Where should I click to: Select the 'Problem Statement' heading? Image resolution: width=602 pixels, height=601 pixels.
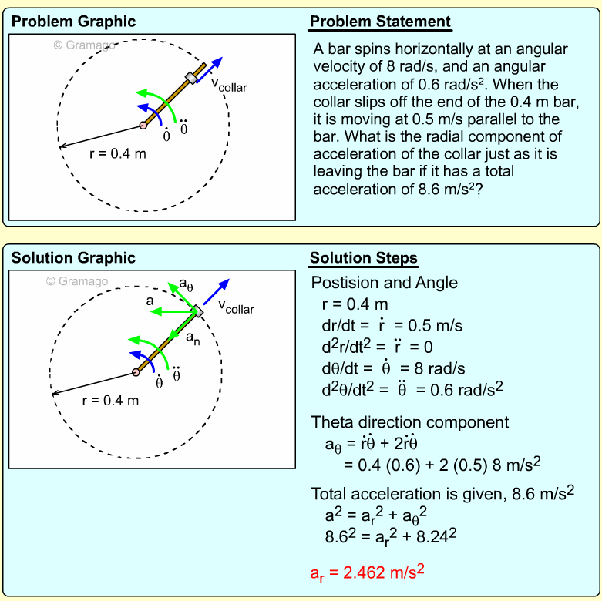tap(380, 22)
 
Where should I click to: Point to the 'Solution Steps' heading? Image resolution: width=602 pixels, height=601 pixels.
tap(364, 258)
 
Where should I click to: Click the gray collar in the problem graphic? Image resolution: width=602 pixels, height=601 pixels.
tap(192, 77)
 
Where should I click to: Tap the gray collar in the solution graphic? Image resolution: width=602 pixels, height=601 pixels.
tap(197, 311)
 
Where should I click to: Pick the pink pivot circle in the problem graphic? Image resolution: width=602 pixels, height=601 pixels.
tap(143, 125)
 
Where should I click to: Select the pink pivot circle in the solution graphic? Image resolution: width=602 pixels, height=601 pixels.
tap(136, 373)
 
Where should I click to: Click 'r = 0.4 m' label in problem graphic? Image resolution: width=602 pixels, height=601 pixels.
tap(117, 153)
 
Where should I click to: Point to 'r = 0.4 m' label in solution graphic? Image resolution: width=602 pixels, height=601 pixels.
tap(110, 400)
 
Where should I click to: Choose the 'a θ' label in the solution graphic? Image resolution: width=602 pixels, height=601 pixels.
tap(186, 287)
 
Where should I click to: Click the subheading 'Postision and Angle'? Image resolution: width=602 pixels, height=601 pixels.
tap(384, 283)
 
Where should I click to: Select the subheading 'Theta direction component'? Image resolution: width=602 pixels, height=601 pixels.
tap(410, 422)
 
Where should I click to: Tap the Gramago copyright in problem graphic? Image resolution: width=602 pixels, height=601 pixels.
tap(84, 45)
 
